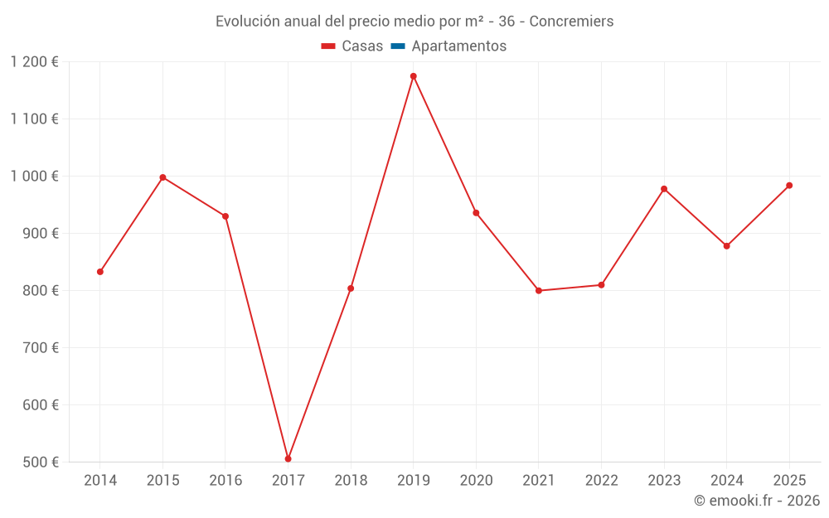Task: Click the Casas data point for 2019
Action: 413,76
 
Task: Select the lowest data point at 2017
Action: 288,458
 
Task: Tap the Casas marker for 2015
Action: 162,177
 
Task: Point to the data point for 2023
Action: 664,189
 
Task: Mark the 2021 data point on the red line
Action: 539,291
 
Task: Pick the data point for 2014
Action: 100,272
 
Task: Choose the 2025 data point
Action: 789,186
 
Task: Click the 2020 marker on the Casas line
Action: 476,213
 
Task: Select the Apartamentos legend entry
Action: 458,46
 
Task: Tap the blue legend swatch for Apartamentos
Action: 398,46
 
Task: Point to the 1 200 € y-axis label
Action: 34,62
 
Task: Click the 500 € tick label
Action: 41,462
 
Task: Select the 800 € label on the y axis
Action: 41,291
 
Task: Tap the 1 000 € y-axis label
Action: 34,177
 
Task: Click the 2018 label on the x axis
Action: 351,481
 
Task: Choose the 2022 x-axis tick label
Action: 601,481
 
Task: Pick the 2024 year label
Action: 726,481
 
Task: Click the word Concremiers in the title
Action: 571,22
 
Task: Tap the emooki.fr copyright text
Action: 757,501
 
